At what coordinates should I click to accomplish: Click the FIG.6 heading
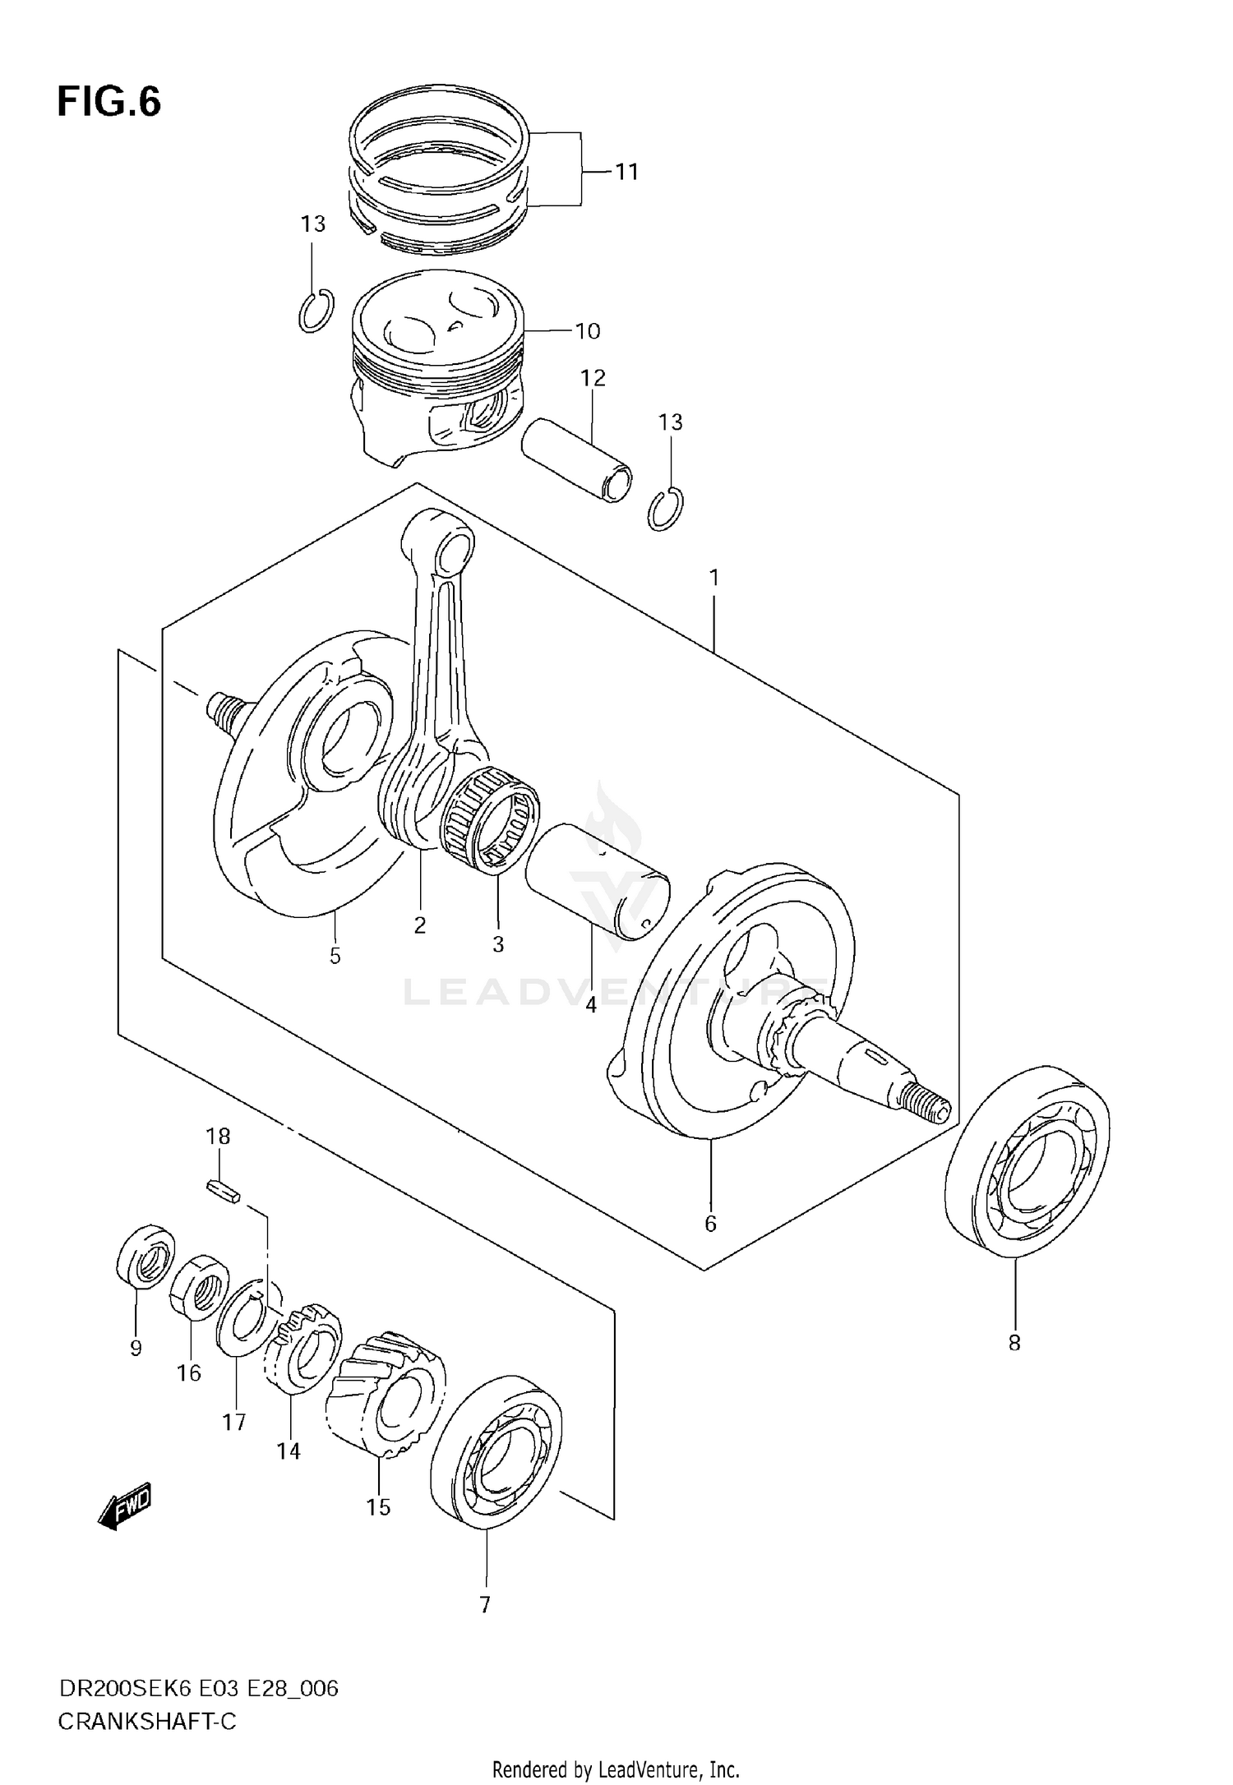[x=109, y=102]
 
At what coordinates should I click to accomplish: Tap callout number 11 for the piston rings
[x=626, y=172]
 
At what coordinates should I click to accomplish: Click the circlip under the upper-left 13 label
[x=316, y=311]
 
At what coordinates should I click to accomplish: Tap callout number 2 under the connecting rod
[x=419, y=925]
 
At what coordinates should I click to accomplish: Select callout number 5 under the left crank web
[x=335, y=956]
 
